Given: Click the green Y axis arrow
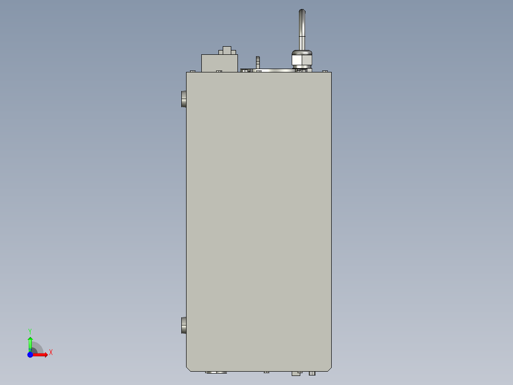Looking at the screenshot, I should [30, 342].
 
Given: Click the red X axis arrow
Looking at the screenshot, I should [41, 355].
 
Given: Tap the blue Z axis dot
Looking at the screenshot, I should [30, 355].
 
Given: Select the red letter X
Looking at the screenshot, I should [50, 353].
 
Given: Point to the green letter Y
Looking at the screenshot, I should [30, 331].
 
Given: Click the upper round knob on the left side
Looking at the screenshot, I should [184, 99].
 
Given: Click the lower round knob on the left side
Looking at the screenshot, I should [184, 326].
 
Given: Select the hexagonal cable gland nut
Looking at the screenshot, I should [301, 60].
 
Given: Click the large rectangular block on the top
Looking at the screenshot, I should [219, 63].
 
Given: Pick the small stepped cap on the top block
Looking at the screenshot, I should [227, 51].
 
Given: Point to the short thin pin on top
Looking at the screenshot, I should [258, 61].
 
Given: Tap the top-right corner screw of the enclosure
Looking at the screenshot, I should [326, 71].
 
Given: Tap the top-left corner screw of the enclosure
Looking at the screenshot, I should [192, 71].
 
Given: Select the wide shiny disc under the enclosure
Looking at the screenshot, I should [216, 372].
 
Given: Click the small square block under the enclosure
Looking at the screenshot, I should [296, 374].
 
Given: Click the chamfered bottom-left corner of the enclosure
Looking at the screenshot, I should [188, 368].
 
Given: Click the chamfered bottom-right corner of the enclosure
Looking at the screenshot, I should [329, 368].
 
